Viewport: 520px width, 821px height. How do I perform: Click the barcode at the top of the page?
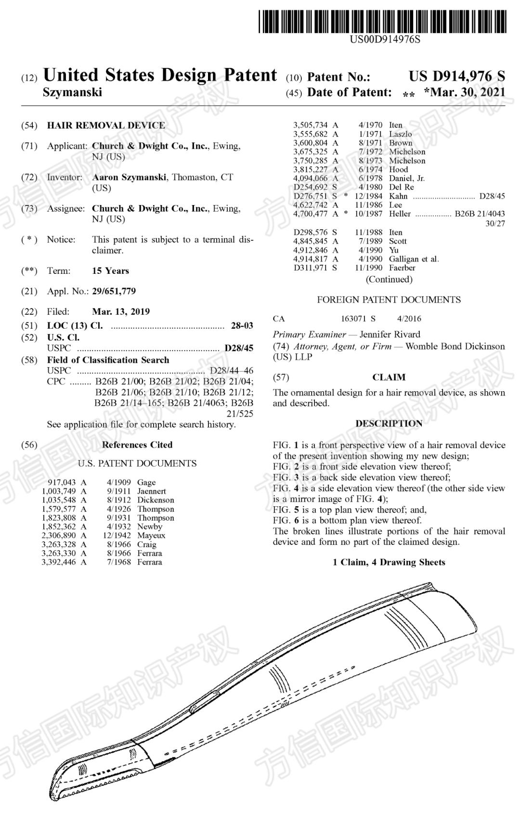coord(382,22)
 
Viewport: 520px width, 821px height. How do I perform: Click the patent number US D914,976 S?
coord(457,76)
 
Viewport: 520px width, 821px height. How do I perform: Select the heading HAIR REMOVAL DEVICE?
coord(106,126)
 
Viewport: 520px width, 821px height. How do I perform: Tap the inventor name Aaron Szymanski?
coord(129,177)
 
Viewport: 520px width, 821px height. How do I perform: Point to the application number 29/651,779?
coord(114,291)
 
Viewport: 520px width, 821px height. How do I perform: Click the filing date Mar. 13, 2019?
coord(121,311)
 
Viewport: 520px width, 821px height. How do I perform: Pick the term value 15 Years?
coord(110,271)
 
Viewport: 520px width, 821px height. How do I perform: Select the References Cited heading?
coord(137,445)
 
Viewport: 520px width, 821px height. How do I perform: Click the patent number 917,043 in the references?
coord(62,482)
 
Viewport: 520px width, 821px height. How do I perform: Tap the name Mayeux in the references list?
coord(151,535)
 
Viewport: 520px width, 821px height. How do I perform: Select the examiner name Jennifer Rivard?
coord(390,334)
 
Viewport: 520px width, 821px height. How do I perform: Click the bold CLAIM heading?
coord(389,377)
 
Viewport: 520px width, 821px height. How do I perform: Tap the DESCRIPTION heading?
coord(389,423)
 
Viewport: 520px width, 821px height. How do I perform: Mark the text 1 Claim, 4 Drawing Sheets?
coord(389,562)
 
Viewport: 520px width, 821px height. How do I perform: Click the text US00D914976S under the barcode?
coord(385,39)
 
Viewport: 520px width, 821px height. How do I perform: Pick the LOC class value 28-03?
coord(242,326)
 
